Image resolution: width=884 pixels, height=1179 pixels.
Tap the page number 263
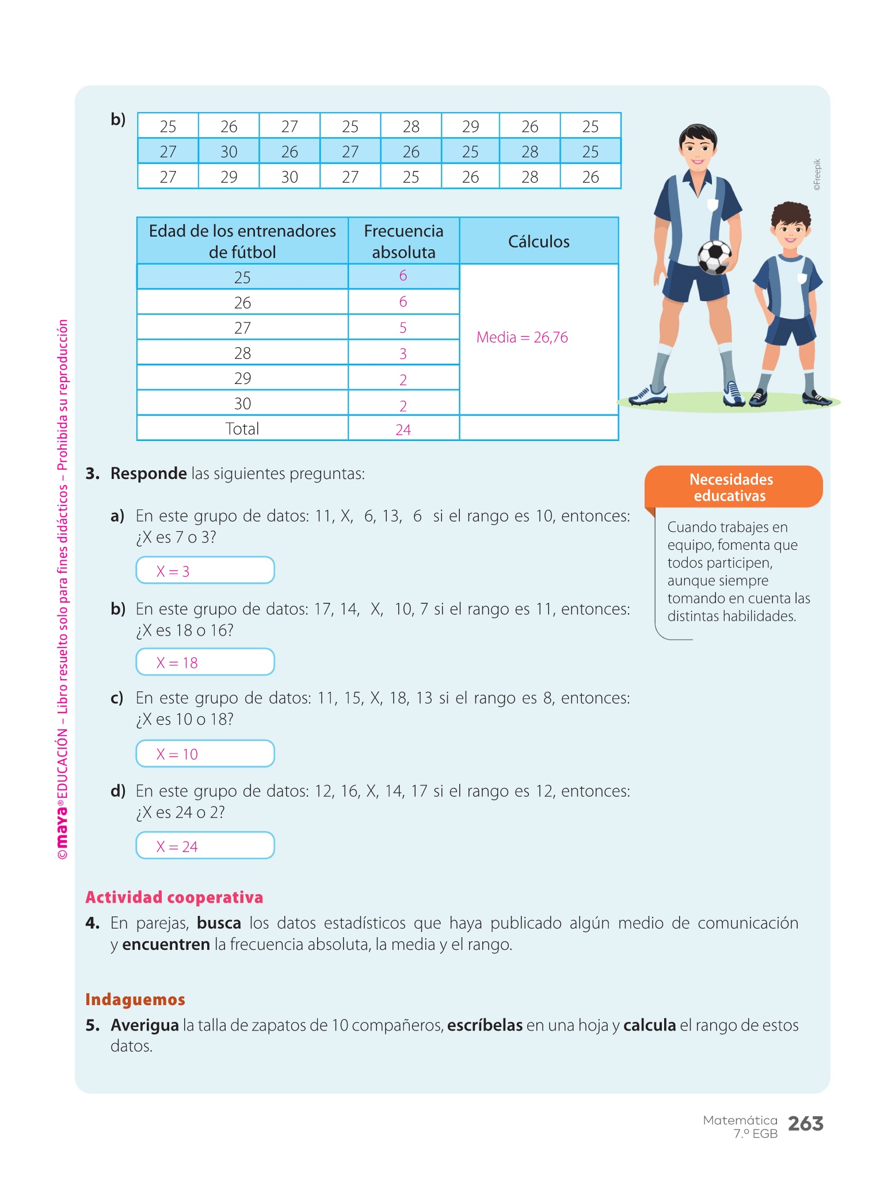[x=805, y=1123]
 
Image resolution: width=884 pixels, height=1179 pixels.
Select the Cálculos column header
[x=539, y=241]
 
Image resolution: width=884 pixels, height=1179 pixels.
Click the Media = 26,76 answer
[x=522, y=337]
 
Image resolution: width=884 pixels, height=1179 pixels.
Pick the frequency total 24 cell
[x=403, y=429]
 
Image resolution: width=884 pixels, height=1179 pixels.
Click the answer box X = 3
[x=205, y=571]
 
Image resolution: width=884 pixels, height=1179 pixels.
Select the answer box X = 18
[x=205, y=662]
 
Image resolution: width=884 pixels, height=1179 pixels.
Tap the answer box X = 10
[x=205, y=754]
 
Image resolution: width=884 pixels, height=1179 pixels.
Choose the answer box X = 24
[x=205, y=846]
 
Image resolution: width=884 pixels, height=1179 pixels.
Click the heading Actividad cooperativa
[x=174, y=897]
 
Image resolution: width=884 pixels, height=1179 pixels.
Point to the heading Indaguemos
[x=135, y=999]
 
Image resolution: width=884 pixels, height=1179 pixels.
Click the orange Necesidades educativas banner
[x=732, y=487]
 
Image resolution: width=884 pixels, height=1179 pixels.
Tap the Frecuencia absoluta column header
[x=403, y=241]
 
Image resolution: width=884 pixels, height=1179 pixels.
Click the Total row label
[x=242, y=429]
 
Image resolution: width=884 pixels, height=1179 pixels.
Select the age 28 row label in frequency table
[x=242, y=353]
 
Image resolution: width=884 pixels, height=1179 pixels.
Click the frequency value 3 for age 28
[x=403, y=353]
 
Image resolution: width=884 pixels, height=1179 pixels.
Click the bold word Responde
[x=148, y=473]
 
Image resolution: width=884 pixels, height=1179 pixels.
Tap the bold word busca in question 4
[x=219, y=923]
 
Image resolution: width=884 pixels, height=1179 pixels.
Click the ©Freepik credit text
[x=817, y=175]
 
